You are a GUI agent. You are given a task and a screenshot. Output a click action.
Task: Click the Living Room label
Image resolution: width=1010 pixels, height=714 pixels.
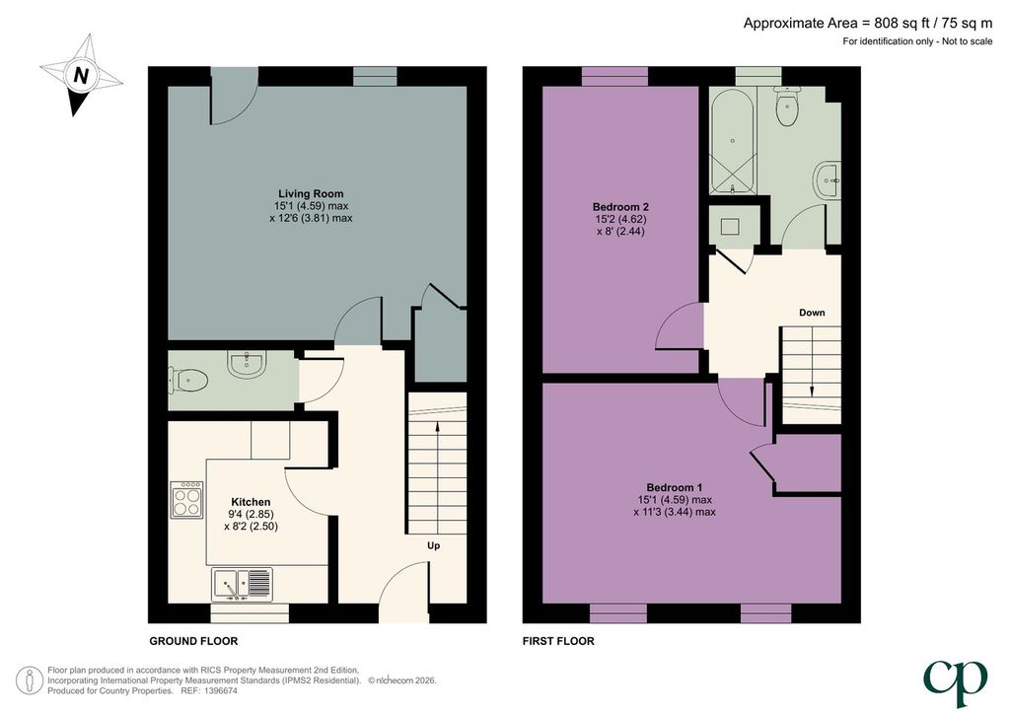[x=311, y=193]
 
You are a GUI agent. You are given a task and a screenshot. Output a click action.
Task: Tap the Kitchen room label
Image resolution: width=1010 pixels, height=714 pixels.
[x=251, y=502]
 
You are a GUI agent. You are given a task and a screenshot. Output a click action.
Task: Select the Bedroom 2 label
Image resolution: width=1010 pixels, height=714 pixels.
[x=620, y=207]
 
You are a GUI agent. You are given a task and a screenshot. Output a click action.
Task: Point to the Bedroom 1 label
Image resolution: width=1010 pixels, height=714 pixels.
[x=675, y=487]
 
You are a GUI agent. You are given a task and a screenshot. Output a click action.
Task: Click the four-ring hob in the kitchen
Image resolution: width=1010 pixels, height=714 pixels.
[x=186, y=500]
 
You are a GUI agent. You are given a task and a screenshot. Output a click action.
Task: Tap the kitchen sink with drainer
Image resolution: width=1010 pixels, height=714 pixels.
[x=242, y=585]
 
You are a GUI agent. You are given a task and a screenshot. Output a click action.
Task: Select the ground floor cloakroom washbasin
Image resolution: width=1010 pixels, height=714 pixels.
[x=247, y=365]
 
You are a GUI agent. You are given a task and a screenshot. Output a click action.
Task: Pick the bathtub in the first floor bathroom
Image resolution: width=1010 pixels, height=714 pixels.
[x=732, y=142]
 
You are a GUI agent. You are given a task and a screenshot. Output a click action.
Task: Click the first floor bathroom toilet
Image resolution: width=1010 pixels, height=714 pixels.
[x=788, y=107]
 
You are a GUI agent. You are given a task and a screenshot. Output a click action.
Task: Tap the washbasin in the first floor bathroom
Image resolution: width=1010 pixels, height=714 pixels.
[x=828, y=180]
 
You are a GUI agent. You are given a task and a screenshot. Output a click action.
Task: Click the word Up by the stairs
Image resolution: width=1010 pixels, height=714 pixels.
[x=434, y=545]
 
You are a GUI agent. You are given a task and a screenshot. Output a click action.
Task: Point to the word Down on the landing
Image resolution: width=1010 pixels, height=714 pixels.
[x=812, y=313]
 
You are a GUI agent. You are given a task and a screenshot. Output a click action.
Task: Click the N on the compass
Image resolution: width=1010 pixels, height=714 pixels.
[x=81, y=75]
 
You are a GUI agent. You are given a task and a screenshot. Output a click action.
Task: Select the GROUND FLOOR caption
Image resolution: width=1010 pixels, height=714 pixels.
[x=193, y=641]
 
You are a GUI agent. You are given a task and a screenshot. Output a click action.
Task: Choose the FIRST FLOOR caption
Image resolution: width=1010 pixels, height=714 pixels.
[x=558, y=641]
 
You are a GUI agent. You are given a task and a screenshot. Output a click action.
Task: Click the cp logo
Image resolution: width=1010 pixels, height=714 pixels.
[x=955, y=682]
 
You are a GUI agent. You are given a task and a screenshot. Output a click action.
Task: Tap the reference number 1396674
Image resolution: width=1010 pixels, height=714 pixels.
[x=220, y=690]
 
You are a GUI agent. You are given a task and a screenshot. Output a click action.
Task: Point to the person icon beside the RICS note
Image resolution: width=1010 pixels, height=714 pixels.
[x=29, y=681]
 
